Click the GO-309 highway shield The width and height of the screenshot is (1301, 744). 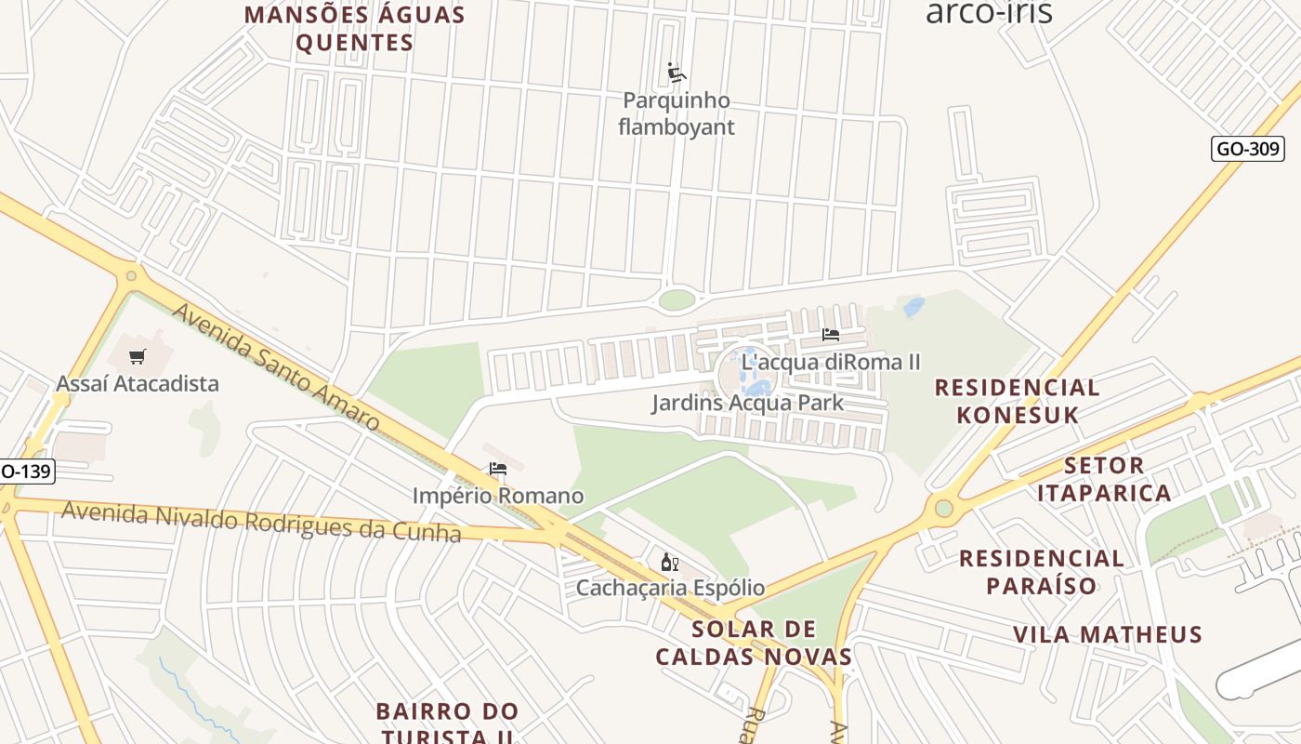pyautogui.click(x=1247, y=149)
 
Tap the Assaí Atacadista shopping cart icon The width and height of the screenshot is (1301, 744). pyautogui.click(x=138, y=356)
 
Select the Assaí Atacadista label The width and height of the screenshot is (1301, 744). pyautogui.click(x=138, y=383)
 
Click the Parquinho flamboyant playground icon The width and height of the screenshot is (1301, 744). pyautogui.click(x=677, y=73)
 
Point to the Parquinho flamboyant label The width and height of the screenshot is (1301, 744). pyautogui.click(x=677, y=113)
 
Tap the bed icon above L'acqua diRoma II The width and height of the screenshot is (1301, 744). pyautogui.click(x=831, y=335)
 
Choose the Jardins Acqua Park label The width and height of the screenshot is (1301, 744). pyautogui.click(x=747, y=403)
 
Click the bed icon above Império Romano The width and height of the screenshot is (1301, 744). pyautogui.click(x=498, y=470)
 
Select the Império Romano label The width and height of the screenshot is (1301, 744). pyautogui.click(x=498, y=496)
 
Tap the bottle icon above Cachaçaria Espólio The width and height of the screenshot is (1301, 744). pyautogui.click(x=669, y=562)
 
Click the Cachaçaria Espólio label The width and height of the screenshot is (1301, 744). pyautogui.click(x=670, y=588)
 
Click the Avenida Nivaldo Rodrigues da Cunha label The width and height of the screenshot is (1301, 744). pyautogui.click(x=261, y=522)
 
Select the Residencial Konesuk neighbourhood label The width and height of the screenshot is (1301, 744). pyautogui.click(x=1018, y=401)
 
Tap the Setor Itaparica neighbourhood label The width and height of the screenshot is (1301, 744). pyautogui.click(x=1104, y=479)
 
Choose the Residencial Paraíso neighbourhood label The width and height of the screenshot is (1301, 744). pyautogui.click(x=1042, y=572)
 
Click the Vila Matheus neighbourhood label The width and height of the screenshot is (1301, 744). pyautogui.click(x=1108, y=635)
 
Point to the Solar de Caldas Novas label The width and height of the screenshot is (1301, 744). pyautogui.click(x=754, y=643)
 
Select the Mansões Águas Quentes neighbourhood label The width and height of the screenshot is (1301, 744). pyautogui.click(x=354, y=29)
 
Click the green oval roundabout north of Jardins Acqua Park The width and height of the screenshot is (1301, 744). pyautogui.click(x=677, y=299)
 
